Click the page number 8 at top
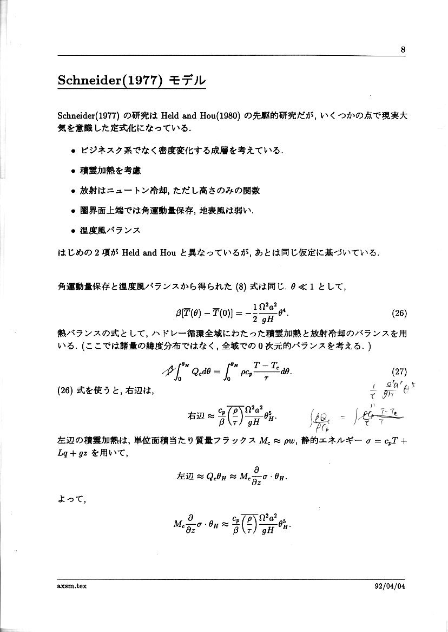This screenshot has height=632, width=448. coord(403,49)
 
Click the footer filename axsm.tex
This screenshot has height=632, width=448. coord(72,585)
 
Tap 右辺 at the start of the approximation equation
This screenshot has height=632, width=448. coord(194,416)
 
